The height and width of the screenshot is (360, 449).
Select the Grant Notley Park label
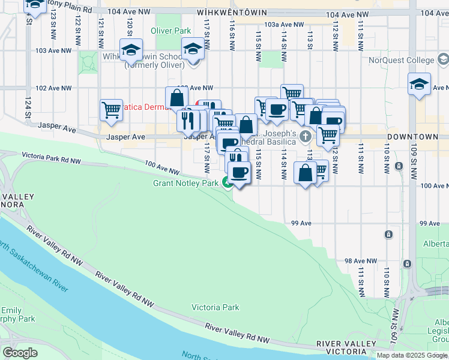pos(185,183)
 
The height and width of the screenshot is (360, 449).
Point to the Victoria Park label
pos(215,307)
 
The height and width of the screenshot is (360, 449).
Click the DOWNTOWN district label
pos(420,137)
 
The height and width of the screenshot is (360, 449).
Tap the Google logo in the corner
pos(20,353)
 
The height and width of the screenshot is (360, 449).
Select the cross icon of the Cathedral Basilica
pos(306,136)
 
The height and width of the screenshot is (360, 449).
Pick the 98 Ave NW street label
pos(360,261)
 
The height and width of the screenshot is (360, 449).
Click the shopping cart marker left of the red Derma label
pos(111,110)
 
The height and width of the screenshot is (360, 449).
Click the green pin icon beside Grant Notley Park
pos(227,182)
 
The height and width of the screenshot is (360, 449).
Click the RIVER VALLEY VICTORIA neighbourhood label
pos(345,347)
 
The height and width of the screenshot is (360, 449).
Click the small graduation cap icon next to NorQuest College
pos(442,59)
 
